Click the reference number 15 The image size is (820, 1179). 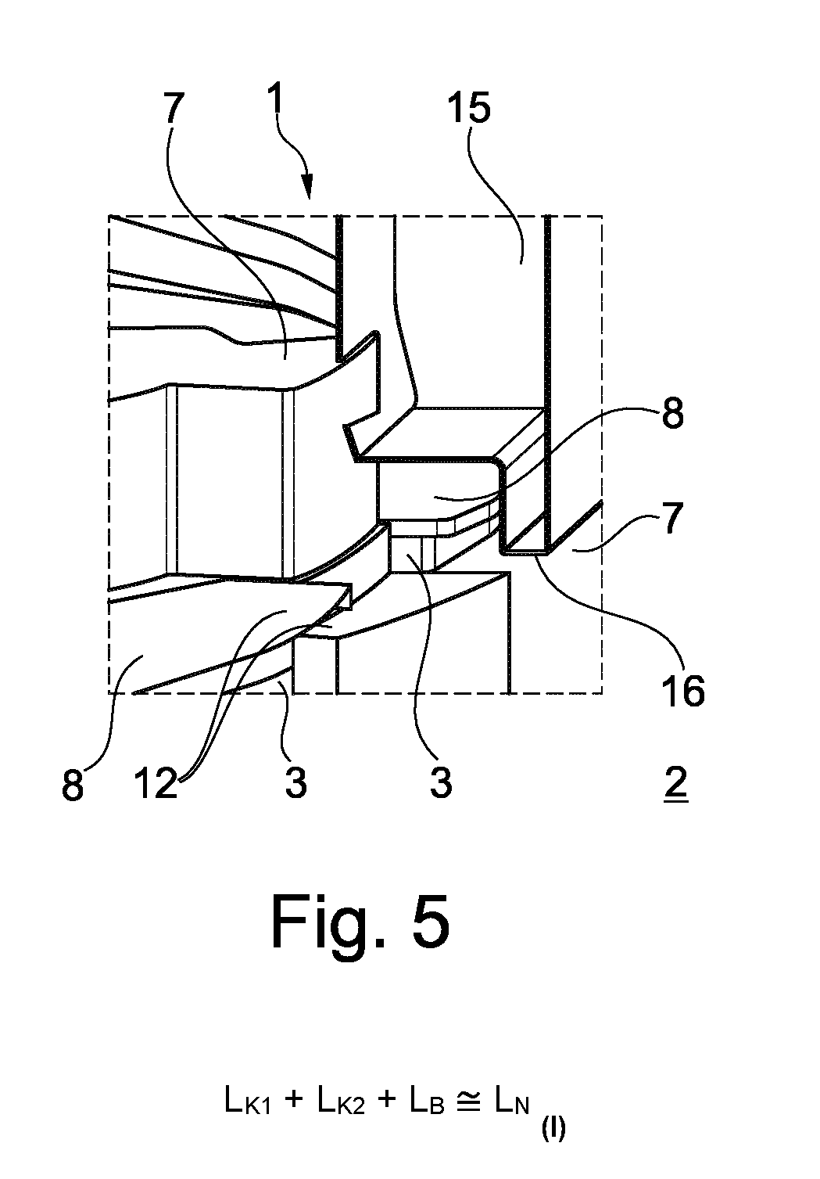(x=469, y=107)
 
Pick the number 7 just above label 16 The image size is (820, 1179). (x=671, y=518)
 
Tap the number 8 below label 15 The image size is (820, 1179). (x=673, y=412)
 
